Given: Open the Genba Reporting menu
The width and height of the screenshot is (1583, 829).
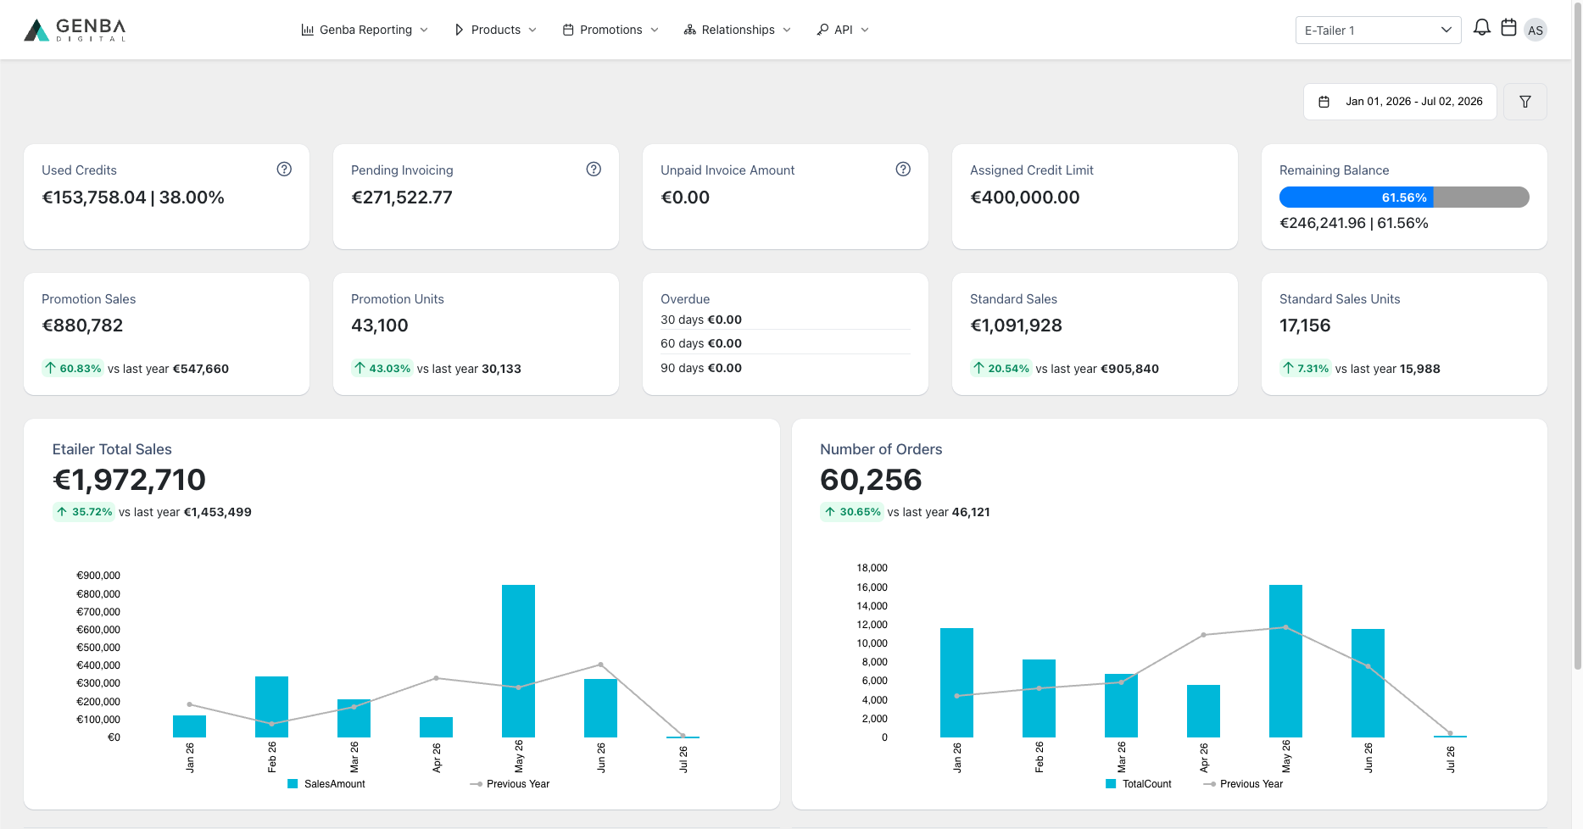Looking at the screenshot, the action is [x=365, y=30].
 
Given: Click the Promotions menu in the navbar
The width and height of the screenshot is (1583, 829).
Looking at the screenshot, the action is [x=610, y=30].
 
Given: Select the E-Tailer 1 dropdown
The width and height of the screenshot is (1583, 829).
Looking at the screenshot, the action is [x=1378, y=31].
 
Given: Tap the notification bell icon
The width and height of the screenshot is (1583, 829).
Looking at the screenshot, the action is [x=1481, y=28].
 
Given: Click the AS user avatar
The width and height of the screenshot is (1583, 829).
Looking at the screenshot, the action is [x=1536, y=31].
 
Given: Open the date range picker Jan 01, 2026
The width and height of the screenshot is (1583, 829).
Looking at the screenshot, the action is [x=1400, y=102].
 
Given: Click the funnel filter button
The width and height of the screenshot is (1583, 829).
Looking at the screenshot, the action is [x=1525, y=102].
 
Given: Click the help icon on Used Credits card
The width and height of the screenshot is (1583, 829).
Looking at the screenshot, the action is [x=284, y=170].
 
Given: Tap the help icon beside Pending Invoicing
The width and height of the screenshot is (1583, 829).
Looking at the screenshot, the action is [x=594, y=170].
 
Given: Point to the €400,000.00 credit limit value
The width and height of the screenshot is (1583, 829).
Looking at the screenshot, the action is [x=1025, y=198].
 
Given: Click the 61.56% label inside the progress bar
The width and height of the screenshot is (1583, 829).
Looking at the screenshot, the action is [x=1404, y=198].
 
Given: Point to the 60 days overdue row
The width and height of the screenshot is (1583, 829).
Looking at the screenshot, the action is [x=701, y=343].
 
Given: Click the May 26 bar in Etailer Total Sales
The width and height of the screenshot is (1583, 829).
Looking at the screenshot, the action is [x=518, y=661].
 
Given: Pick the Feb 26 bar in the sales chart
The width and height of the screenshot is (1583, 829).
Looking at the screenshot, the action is [x=271, y=707].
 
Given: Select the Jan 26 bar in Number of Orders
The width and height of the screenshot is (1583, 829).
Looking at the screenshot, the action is [x=956, y=682].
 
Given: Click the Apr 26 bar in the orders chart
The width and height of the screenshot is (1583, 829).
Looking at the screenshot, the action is [x=1203, y=711].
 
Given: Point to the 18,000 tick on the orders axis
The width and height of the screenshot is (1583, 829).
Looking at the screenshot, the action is [x=872, y=568].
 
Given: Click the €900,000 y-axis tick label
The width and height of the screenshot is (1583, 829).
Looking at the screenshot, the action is [x=98, y=576].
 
